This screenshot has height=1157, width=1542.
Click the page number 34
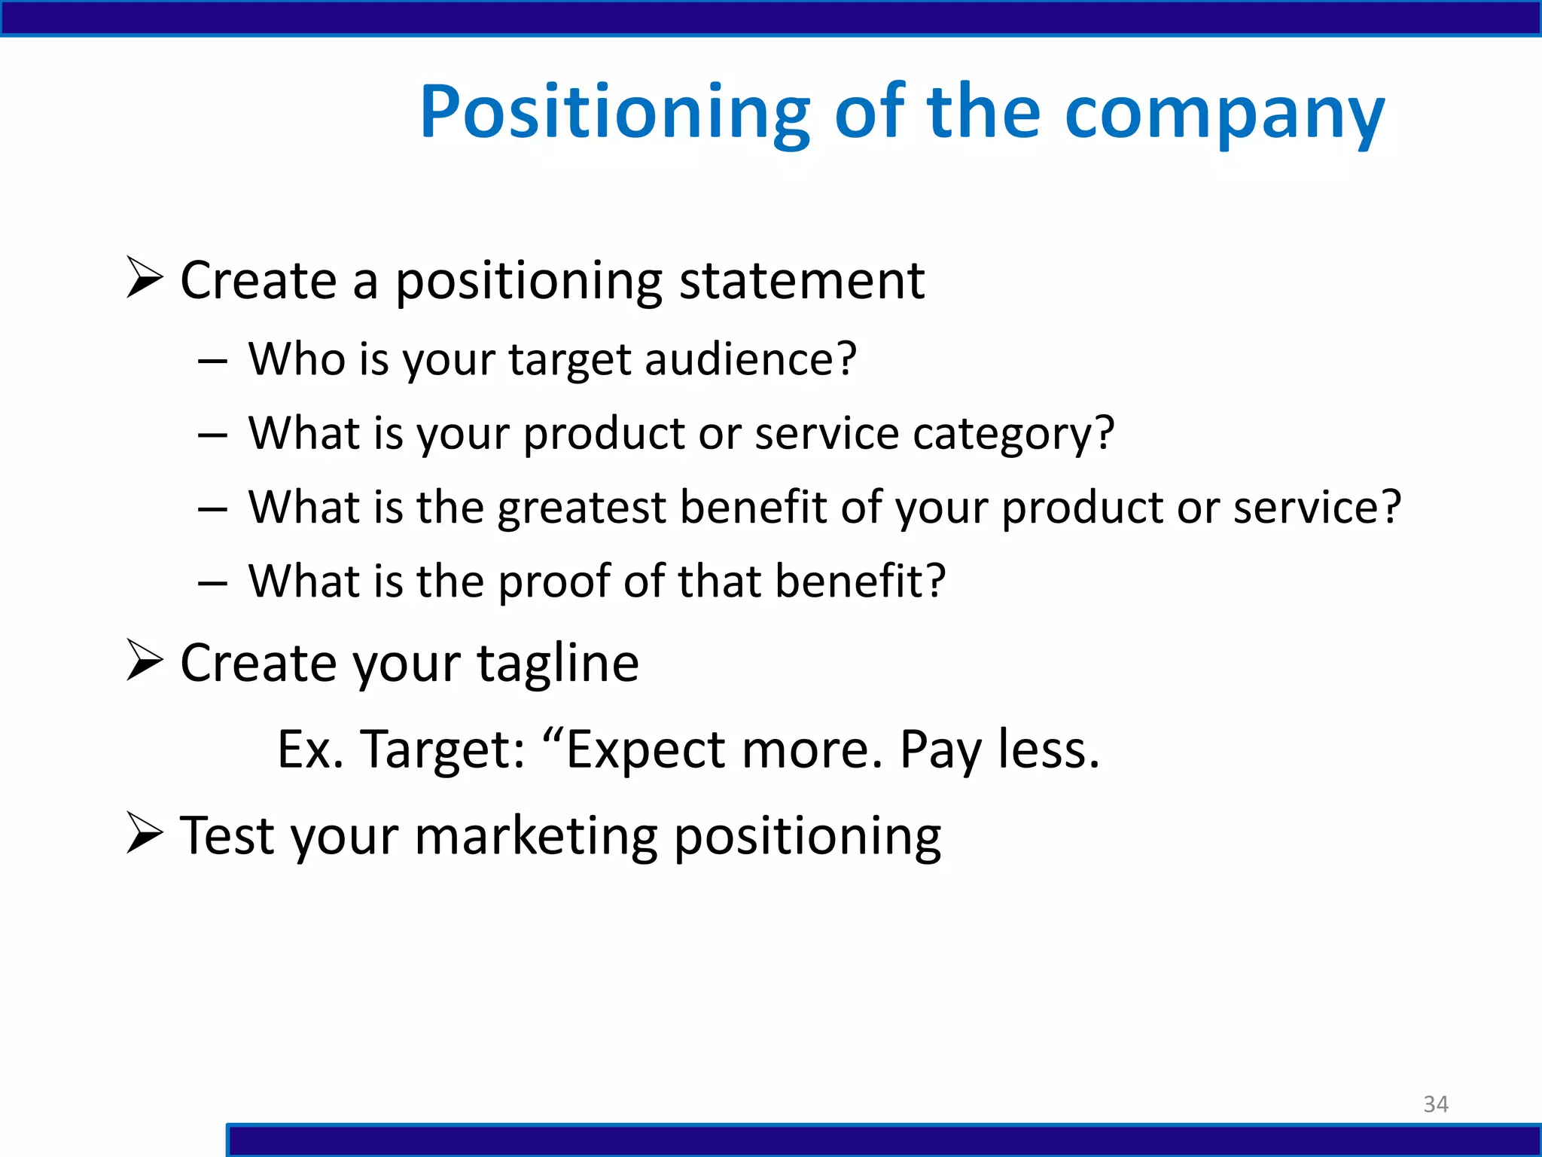(1436, 1104)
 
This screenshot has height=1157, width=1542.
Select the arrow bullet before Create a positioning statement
(145, 277)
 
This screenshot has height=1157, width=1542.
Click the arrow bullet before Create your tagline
(145, 660)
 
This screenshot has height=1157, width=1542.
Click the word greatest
(581, 508)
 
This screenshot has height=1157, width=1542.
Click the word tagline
(558, 663)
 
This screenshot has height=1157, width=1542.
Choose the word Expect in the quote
(644, 749)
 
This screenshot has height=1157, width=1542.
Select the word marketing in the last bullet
(535, 836)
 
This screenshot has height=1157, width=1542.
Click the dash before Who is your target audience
(212, 362)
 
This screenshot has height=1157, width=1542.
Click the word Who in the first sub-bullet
(297, 359)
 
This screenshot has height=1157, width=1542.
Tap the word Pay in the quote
(941, 749)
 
